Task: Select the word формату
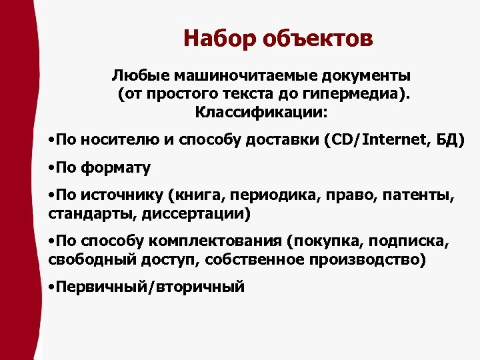(116, 167)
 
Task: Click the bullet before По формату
(52, 168)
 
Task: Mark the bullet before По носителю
(52, 141)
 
